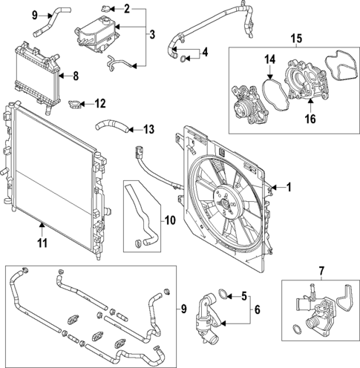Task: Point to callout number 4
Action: [206, 53]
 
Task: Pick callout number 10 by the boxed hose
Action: [168, 220]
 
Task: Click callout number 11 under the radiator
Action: [43, 241]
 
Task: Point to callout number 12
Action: [101, 103]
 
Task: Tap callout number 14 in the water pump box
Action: [271, 59]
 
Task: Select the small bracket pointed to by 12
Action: [76, 103]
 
